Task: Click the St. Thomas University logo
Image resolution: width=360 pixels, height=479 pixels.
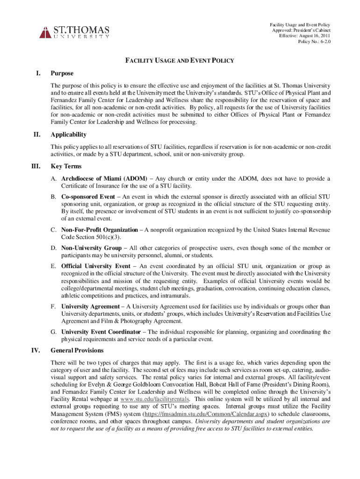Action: click(x=75, y=32)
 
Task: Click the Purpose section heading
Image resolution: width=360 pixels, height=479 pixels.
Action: click(x=62, y=73)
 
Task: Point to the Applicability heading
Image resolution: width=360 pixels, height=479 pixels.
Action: click(x=68, y=135)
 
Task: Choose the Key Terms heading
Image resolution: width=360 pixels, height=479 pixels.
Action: click(x=66, y=166)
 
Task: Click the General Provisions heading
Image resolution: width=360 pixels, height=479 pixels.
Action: click(x=77, y=350)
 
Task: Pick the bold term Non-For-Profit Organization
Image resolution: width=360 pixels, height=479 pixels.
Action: click(x=100, y=230)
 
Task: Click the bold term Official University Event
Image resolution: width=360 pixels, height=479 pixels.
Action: click(x=96, y=266)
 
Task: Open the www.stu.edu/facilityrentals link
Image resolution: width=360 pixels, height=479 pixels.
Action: click(x=155, y=399)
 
